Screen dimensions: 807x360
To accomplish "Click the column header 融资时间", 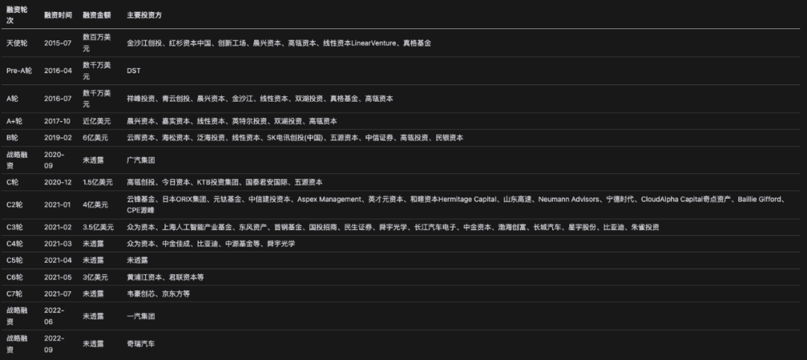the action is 58,15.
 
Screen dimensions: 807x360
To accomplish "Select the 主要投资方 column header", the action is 145,15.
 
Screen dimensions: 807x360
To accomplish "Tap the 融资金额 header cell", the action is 96,15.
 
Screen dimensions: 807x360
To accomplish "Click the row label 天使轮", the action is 19,43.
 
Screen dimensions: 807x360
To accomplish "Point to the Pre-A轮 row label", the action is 19,71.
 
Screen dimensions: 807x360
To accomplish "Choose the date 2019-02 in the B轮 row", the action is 58,138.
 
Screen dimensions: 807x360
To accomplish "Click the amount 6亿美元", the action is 96,138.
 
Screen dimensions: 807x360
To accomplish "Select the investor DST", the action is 134,71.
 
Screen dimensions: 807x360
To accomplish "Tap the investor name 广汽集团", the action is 141,160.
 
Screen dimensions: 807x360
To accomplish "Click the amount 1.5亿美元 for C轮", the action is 98,182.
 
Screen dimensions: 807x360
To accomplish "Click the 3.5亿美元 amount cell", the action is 98,227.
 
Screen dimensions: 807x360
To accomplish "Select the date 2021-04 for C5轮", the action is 58,261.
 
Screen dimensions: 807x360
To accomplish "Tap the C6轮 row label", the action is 16,277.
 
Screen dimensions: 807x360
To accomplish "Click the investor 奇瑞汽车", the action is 141,344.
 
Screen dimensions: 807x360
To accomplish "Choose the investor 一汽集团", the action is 141,316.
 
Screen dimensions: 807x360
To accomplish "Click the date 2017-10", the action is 58,121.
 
